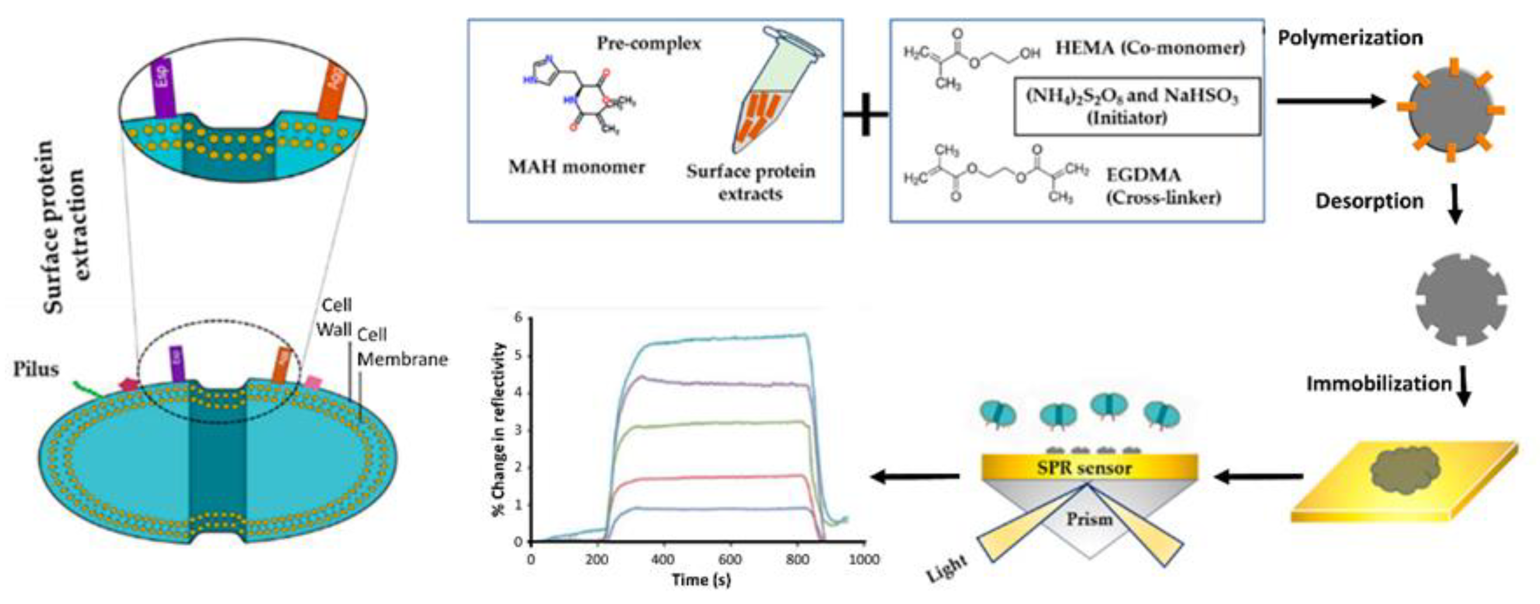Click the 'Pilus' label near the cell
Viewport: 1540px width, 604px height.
pyautogui.click(x=36, y=370)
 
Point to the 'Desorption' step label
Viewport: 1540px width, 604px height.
pyautogui.click(x=1369, y=201)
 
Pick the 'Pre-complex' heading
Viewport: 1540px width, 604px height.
pyautogui.click(x=649, y=44)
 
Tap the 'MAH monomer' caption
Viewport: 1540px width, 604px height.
pyautogui.click(x=577, y=167)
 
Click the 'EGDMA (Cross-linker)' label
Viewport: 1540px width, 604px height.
pyautogui.click(x=1163, y=186)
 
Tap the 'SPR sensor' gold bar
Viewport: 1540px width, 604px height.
pyautogui.click(x=1089, y=467)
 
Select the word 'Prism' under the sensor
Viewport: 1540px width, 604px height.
pyautogui.click(x=1089, y=519)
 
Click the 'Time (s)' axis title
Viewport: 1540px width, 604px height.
pyautogui.click(x=701, y=580)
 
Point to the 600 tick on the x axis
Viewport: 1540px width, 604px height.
pyautogui.click(x=729, y=560)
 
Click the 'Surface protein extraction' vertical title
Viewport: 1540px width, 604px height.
pyautogui.click(x=66, y=227)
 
